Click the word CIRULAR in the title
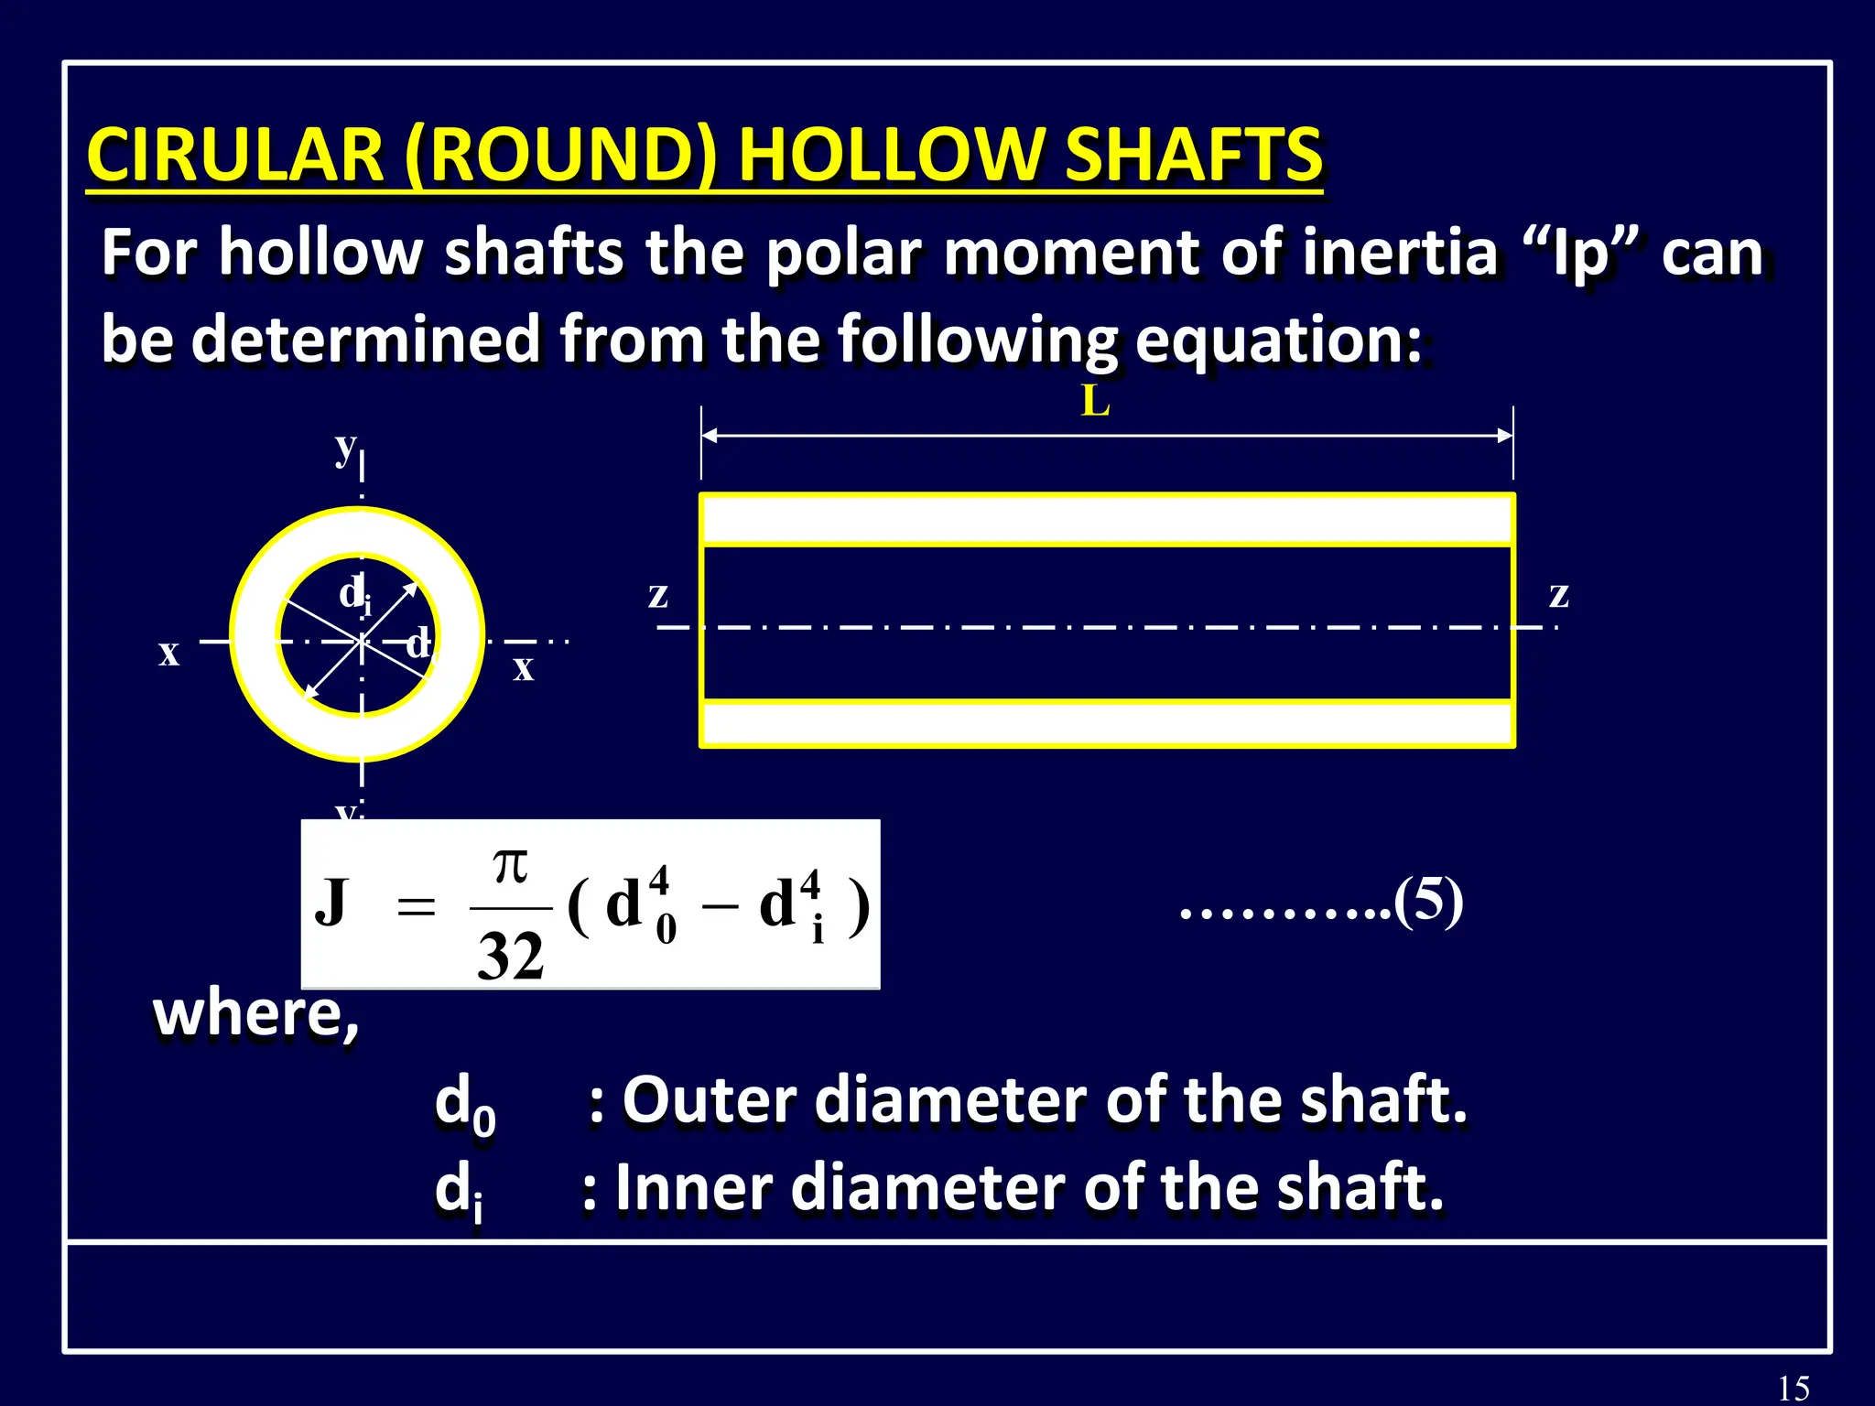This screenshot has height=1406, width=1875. click(x=235, y=155)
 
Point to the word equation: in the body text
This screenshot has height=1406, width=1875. click(x=1278, y=340)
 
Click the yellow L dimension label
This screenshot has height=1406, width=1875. click(x=1095, y=401)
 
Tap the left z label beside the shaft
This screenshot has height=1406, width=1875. click(x=657, y=596)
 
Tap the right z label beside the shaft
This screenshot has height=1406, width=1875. click(x=1558, y=596)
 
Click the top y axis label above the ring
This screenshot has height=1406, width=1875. click(x=345, y=448)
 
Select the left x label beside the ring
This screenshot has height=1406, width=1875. click(x=168, y=654)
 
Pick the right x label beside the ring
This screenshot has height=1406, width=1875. click(x=523, y=668)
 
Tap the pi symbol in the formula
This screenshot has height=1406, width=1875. click(x=510, y=865)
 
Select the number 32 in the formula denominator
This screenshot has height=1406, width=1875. click(x=510, y=957)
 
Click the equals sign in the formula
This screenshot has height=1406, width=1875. click(x=416, y=908)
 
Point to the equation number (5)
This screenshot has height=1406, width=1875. click(x=1428, y=902)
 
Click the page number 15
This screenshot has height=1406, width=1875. click(x=1794, y=1388)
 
